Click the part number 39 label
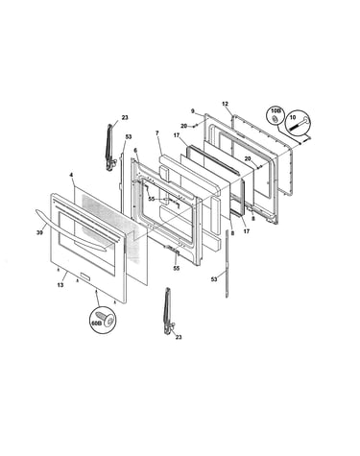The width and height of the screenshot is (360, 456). [39, 233]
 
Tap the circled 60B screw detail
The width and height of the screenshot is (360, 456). [103, 319]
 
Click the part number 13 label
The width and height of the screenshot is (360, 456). [60, 285]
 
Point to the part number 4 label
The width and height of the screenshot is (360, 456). [71, 175]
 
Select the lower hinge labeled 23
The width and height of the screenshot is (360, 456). [168, 311]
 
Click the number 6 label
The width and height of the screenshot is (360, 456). [135, 150]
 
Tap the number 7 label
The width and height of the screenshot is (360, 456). [157, 132]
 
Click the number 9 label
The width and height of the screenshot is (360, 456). [193, 111]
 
